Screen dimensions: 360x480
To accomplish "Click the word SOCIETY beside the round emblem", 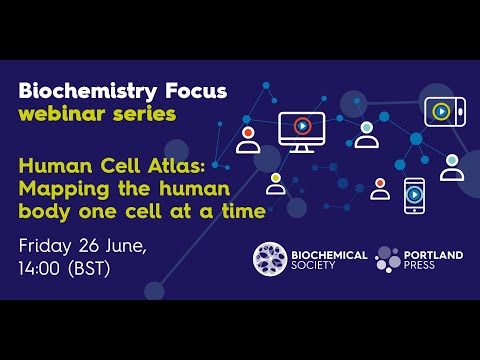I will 321,267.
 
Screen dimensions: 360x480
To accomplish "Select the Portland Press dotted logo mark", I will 388,259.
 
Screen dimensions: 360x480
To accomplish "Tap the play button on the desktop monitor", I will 301,127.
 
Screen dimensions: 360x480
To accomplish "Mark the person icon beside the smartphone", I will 380,189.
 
